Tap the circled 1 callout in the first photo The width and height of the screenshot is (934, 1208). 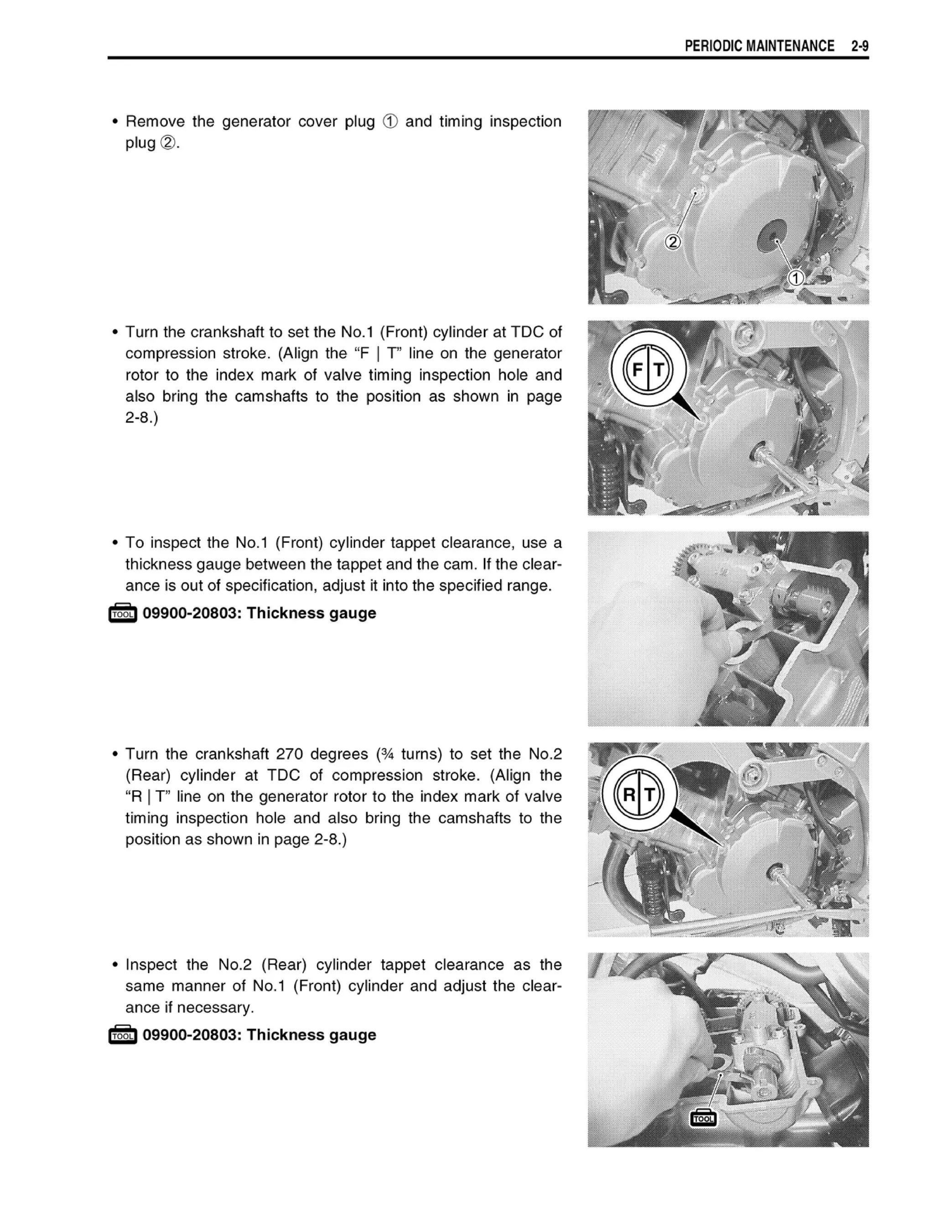click(x=796, y=278)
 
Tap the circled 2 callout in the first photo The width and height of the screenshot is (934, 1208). click(x=673, y=242)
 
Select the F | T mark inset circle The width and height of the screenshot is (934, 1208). click(x=648, y=368)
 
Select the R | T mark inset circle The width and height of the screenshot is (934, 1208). click(x=639, y=794)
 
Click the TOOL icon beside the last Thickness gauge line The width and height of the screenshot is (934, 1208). click(x=123, y=1035)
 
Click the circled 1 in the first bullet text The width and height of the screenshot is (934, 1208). click(x=390, y=122)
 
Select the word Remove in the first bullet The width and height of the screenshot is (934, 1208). click(x=156, y=122)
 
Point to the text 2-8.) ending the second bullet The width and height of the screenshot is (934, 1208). click(x=142, y=418)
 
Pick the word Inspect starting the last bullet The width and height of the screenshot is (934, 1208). click(x=151, y=965)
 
